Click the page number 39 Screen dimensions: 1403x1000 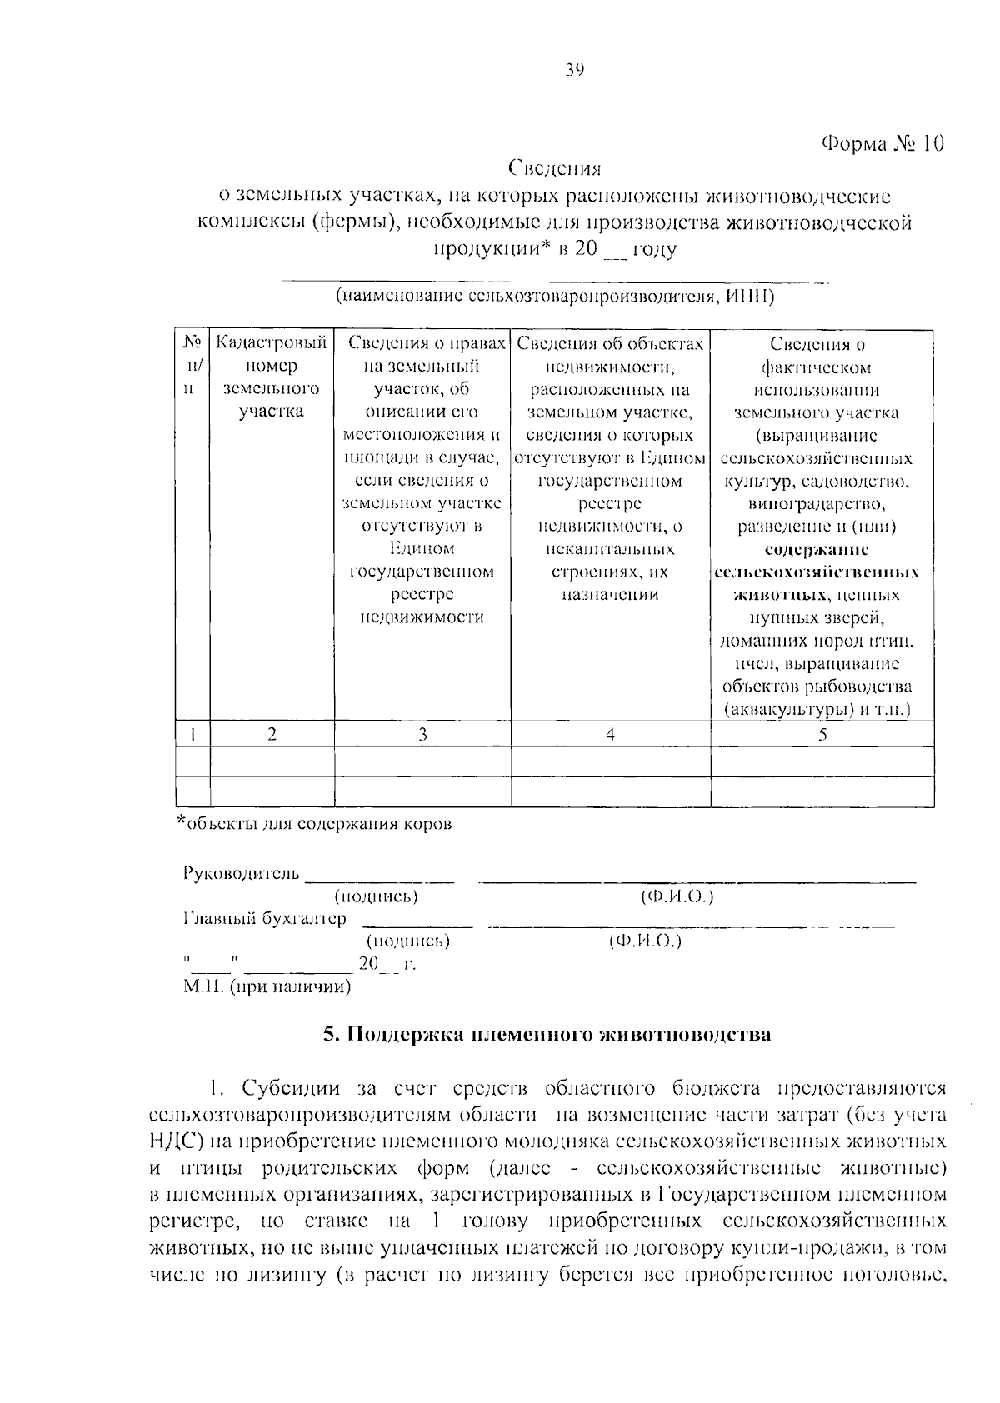573,70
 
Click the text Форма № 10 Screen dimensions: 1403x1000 882,143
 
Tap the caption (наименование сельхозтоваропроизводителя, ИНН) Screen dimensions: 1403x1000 554,296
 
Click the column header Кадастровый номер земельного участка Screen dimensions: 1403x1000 272,377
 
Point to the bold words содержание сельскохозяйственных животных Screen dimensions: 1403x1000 817,572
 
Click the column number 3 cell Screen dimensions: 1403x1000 422,734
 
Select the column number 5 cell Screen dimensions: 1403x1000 822,734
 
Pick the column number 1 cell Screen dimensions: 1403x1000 193,734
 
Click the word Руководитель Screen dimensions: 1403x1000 240,873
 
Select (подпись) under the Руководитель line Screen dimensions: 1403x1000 376,896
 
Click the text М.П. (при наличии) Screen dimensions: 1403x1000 267,987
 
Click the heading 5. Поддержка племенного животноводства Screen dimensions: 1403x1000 547,1035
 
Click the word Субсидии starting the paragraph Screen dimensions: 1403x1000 287,1088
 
